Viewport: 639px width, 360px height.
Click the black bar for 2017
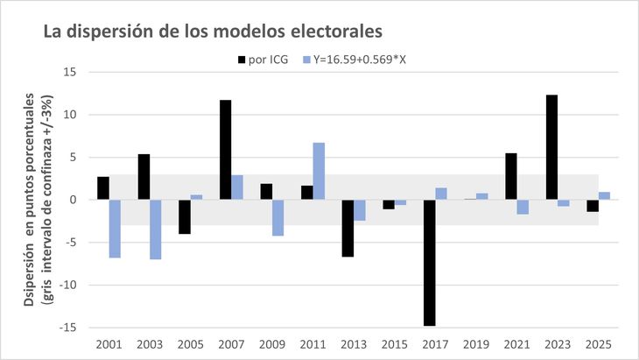pyautogui.click(x=430, y=263)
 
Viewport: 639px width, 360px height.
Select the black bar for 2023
pyautogui.click(x=551, y=147)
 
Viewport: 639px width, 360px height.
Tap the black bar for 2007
pyautogui.click(x=225, y=150)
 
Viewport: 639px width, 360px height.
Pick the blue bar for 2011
pyautogui.click(x=319, y=171)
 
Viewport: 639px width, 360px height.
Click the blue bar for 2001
pyautogui.click(x=115, y=229)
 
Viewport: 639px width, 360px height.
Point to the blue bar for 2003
pyautogui.click(x=156, y=229)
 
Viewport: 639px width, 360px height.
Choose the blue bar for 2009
pyautogui.click(x=278, y=217)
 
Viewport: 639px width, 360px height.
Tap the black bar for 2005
pyautogui.click(x=185, y=216)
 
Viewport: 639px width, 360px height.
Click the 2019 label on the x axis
pyautogui.click(x=476, y=342)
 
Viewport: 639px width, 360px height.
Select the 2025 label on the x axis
pyautogui.click(x=599, y=342)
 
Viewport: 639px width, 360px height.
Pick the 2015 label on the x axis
pyautogui.click(x=395, y=342)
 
